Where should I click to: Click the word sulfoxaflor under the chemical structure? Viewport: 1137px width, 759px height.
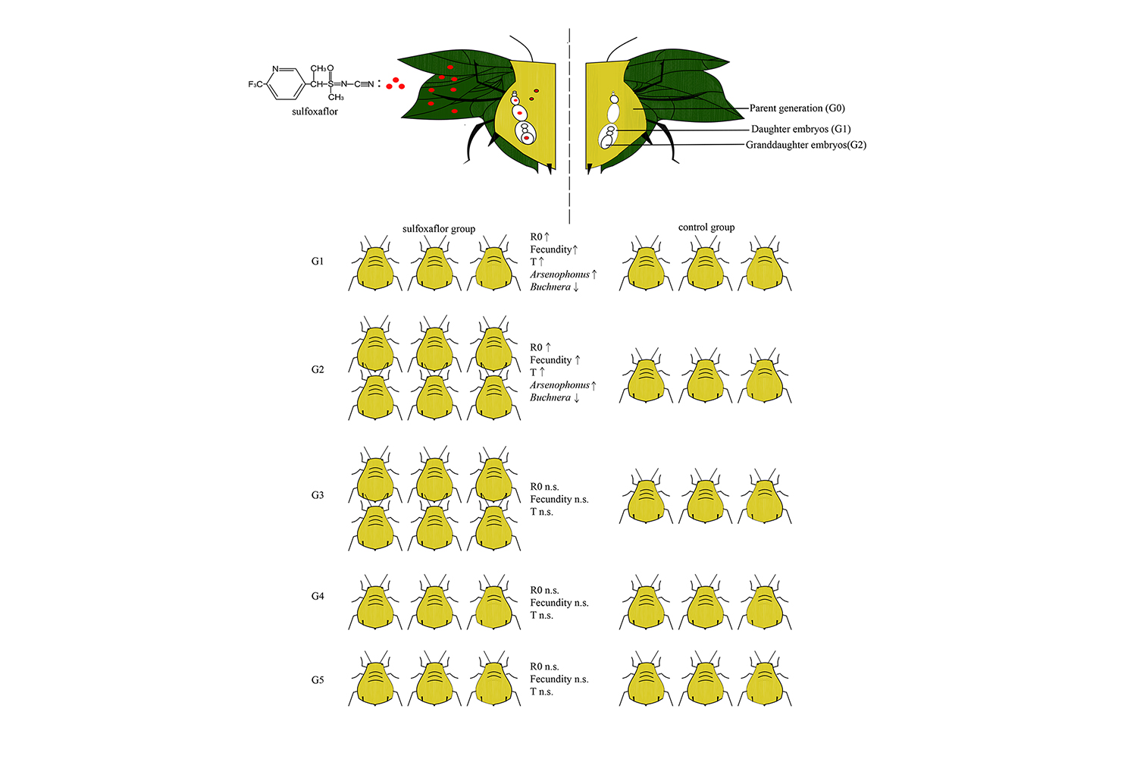[315, 111]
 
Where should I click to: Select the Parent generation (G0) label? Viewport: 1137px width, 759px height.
[797, 108]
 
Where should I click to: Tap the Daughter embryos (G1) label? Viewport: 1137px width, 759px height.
[801, 129]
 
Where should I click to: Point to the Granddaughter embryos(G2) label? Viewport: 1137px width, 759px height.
[806, 145]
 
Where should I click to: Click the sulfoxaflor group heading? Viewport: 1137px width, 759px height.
[439, 229]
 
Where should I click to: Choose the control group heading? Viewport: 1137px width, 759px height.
[706, 227]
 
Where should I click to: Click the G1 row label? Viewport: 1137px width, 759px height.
[318, 261]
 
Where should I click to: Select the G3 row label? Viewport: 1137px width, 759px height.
[318, 495]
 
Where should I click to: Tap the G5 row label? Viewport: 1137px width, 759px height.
[318, 680]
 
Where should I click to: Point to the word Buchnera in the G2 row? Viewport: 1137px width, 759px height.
[550, 397]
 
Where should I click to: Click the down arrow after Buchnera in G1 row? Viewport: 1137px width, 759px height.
[576, 287]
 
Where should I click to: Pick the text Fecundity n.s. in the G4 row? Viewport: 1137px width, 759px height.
[559, 603]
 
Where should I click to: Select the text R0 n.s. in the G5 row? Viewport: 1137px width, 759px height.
[544, 666]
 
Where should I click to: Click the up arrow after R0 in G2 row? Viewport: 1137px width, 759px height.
[548, 347]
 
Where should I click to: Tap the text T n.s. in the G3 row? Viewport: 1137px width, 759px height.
[542, 512]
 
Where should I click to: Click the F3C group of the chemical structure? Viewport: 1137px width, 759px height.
[255, 84]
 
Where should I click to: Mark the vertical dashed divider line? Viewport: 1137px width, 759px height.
[569, 126]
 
